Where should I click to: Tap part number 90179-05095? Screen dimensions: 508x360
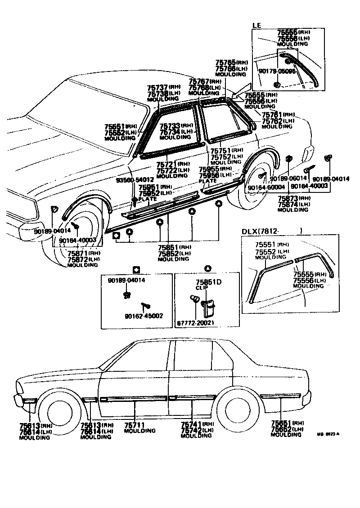point(277,71)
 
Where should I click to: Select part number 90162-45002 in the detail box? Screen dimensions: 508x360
point(144,316)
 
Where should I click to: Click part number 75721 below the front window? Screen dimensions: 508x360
point(166,165)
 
